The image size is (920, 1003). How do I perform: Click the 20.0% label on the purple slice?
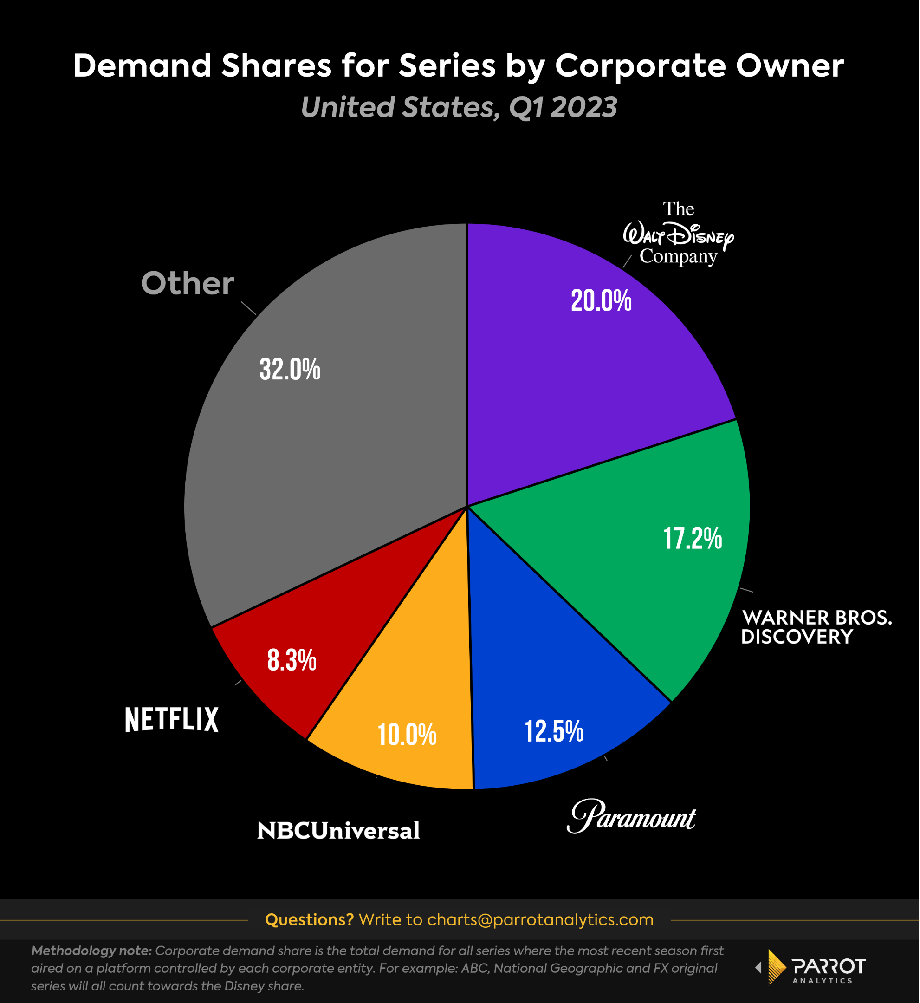(601, 301)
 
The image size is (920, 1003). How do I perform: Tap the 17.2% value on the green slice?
(693, 539)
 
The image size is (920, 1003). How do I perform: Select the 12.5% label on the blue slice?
(554, 731)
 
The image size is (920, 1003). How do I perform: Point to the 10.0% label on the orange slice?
(407, 735)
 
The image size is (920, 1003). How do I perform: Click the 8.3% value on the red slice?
(292, 660)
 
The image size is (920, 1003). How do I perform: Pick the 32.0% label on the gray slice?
(290, 370)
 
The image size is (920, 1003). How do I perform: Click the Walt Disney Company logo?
(679, 234)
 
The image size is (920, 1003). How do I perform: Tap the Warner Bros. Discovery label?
(816, 627)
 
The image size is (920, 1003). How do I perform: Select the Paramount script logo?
(631, 817)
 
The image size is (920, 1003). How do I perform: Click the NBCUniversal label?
(338, 831)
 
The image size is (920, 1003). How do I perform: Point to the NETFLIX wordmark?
(172, 720)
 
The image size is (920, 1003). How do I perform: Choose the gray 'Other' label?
(187, 283)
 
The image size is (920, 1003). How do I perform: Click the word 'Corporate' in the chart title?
(640, 66)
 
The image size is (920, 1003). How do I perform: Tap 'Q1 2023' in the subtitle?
(563, 108)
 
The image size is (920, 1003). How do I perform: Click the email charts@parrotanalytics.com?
(540, 920)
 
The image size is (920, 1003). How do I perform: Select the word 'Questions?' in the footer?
(309, 920)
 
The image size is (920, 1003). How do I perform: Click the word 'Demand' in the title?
(143, 66)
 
